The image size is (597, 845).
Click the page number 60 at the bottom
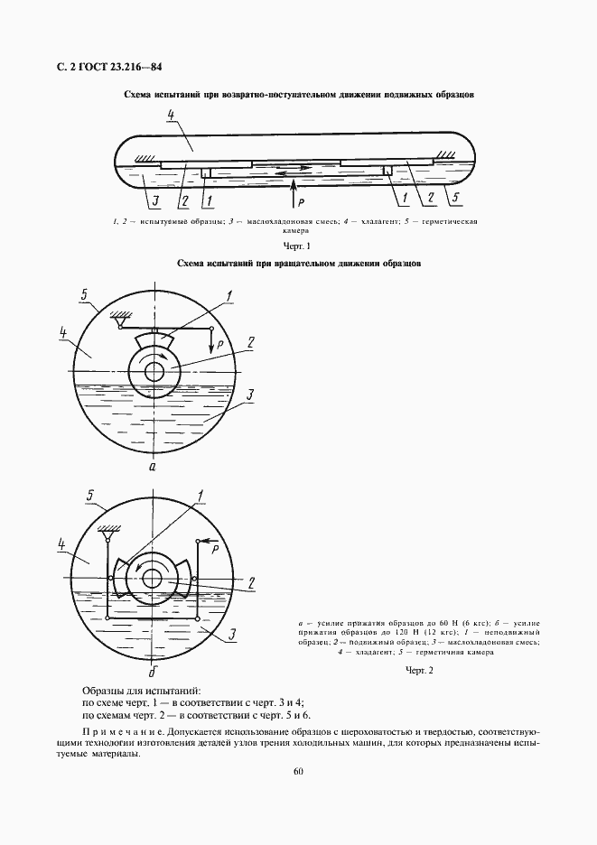(298, 770)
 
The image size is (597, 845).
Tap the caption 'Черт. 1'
(296, 246)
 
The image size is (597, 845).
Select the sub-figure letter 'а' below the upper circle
(154, 468)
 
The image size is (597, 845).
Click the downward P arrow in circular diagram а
(210, 342)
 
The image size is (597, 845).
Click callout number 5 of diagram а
(83, 295)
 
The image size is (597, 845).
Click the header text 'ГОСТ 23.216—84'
(117, 66)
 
